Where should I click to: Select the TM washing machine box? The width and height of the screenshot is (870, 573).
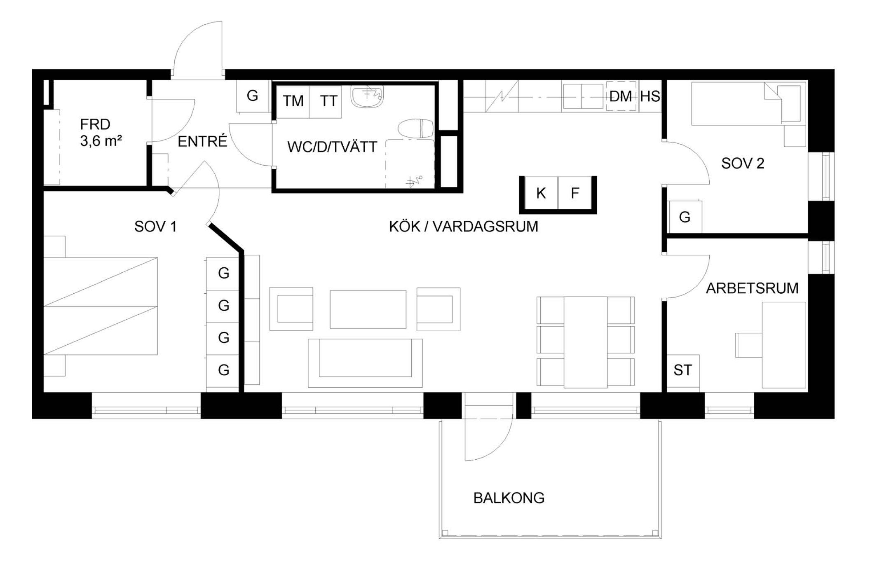point(293,101)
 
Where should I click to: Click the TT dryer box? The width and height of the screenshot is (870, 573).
point(326,101)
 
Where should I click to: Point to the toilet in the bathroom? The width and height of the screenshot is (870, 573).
point(415,128)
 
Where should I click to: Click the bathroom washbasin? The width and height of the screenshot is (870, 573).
point(367,96)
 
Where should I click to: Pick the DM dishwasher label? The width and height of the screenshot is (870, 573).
point(621,96)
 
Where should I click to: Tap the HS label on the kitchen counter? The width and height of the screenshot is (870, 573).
point(650,96)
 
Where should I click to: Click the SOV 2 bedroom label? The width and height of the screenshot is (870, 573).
point(743,164)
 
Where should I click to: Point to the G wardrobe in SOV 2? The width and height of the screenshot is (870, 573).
point(685,217)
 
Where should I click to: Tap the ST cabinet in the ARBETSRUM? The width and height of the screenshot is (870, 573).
point(683,371)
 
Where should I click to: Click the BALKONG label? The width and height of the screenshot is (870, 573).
point(509,498)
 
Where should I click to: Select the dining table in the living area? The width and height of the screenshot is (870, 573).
point(585,342)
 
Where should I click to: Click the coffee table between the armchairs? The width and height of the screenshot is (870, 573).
point(368,309)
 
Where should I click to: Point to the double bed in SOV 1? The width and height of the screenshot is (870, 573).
point(101,306)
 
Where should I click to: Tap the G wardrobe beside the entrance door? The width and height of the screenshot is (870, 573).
point(253,96)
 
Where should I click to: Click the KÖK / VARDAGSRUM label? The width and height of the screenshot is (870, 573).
point(464,227)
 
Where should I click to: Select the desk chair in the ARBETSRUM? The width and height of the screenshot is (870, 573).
point(749,345)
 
